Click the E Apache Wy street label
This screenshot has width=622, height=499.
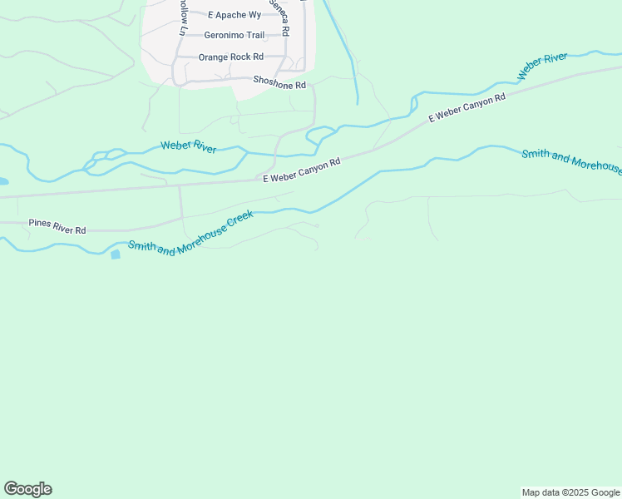pyautogui.click(x=234, y=15)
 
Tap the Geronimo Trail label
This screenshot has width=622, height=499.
pyautogui.click(x=234, y=36)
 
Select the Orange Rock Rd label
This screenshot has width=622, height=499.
pyautogui.click(x=230, y=57)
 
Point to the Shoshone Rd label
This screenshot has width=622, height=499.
pyautogui.click(x=279, y=85)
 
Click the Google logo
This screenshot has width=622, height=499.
pyautogui.click(x=28, y=489)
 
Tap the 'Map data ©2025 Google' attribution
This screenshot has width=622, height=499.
pyautogui.click(x=570, y=492)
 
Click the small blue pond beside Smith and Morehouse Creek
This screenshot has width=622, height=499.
pyautogui.click(x=115, y=254)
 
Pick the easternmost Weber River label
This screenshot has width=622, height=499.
pyautogui.click(x=542, y=66)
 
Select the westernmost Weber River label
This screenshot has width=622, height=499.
pyautogui.click(x=189, y=147)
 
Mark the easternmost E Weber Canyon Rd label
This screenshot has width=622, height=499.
pyautogui.click(x=467, y=109)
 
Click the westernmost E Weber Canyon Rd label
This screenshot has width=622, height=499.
pyautogui.click(x=302, y=171)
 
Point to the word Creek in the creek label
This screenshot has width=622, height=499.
pyautogui.click(x=238, y=222)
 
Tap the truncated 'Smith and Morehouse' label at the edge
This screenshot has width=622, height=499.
pyautogui.click(x=570, y=160)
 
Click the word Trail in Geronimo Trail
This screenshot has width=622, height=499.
pyautogui.click(x=253, y=36)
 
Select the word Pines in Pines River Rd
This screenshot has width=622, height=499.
pyautogui.click(x=40, y=223)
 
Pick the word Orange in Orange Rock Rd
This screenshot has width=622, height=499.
pyautogui.click(x=212, y=57)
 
